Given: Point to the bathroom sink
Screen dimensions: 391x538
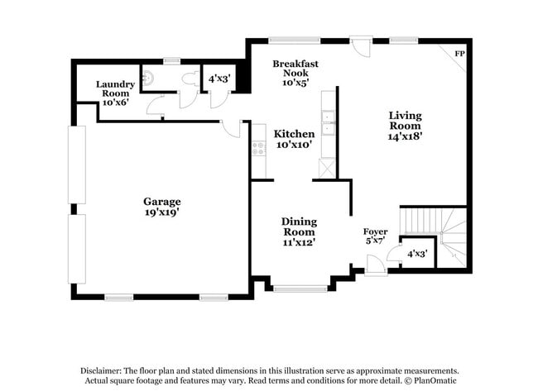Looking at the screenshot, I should (147, 79).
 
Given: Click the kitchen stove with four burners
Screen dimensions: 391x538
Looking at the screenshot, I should (258, 150).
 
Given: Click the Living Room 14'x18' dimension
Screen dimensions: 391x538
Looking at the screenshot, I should (406, 137).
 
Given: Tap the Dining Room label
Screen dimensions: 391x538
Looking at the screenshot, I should (299, 226).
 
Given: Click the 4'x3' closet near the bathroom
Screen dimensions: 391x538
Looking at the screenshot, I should (219, 79).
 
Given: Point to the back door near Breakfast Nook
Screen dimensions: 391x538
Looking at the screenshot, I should (361, 45).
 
